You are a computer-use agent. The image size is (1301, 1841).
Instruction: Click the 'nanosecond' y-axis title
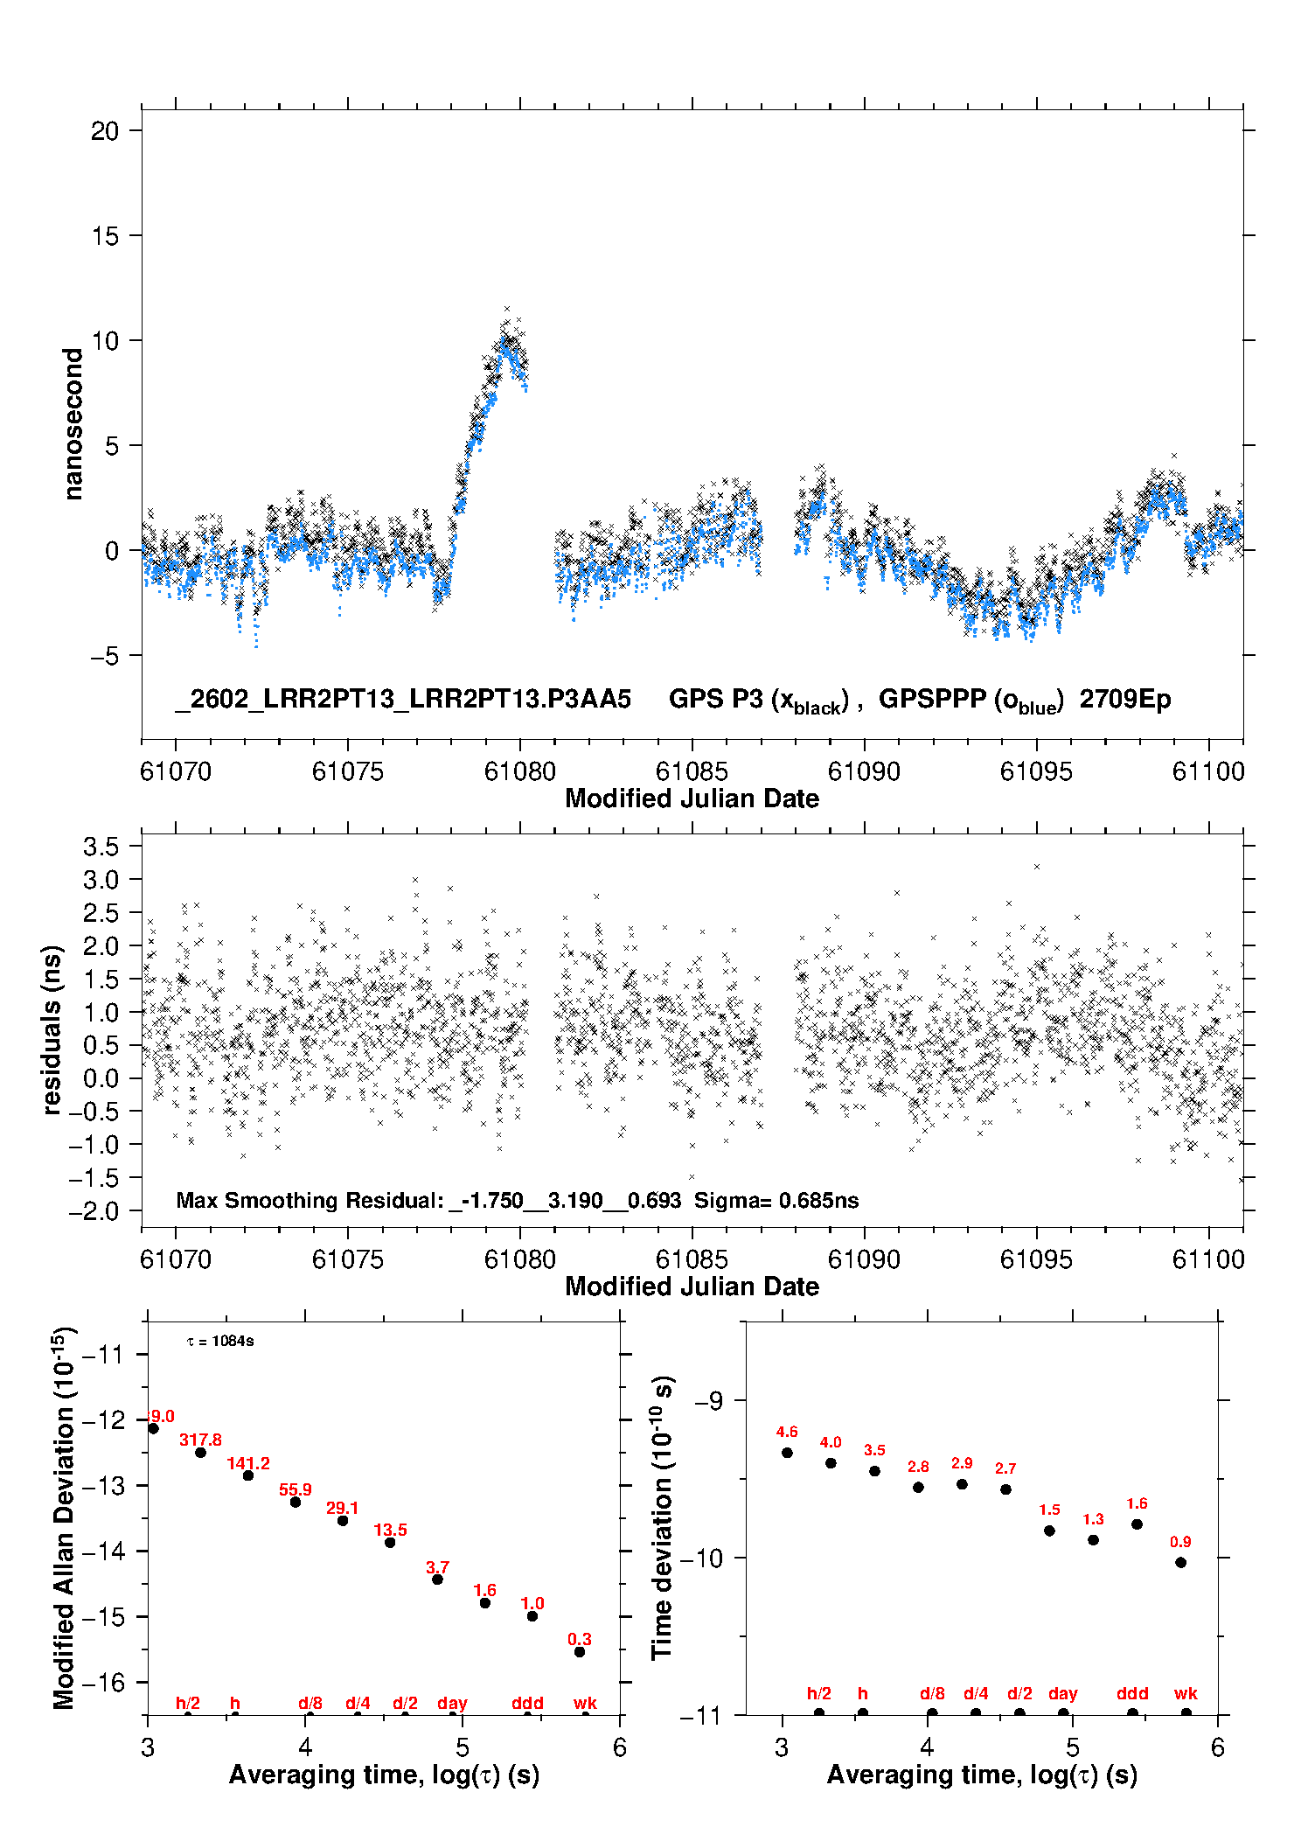click(73, 424)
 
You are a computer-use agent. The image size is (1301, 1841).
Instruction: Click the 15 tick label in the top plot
click(105, 235)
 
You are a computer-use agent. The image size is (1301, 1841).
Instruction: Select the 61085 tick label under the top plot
click(692, 771)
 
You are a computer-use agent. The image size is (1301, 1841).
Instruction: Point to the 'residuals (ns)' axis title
click(52, 1029)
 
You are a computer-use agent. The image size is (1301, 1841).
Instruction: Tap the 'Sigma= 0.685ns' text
click(776, 1200)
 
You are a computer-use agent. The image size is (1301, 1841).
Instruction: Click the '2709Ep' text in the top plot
click(1124, 700)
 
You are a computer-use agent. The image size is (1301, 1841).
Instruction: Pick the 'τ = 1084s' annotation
click(220, 1342)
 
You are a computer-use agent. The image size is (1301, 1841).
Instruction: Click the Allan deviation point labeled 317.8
click(200, 1453)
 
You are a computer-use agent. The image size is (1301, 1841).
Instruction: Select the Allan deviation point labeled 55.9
click(296, 1503)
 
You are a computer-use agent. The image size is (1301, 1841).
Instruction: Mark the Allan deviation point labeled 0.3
click(580, 1652)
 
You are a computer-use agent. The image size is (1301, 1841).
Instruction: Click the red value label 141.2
click(248, 1464)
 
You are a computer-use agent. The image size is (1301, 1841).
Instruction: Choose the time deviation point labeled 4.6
click(787, 1453)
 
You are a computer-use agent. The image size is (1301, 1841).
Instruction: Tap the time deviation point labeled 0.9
click(1180, 1563)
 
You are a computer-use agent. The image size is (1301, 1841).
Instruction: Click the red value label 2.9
click(962, 1463)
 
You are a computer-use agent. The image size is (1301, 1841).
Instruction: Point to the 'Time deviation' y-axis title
click(663, 1518)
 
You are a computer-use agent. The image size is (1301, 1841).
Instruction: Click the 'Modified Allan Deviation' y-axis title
click(64, 1518)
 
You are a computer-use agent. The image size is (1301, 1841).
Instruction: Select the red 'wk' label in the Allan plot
click(585, 1703)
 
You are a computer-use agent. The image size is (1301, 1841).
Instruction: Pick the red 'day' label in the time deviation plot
click(1062, 1694)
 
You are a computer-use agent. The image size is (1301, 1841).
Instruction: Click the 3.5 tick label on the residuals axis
click(101, 847)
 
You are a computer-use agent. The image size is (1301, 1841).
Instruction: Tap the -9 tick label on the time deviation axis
click(709, 1401)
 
